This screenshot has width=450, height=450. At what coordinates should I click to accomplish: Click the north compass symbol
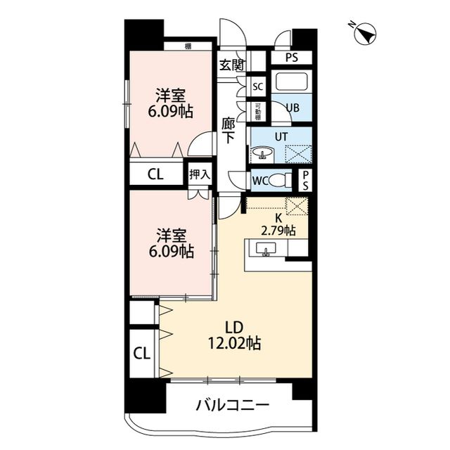point(364,33)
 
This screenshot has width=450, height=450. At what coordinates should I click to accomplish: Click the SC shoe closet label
point(258,87)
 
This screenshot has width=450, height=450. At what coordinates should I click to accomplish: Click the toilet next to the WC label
point(281,180)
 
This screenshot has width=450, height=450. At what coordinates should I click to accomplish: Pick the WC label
point(259,180)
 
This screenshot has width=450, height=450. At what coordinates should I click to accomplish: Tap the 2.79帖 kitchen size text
point(278,230)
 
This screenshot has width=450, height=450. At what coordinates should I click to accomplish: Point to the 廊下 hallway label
point(229,129)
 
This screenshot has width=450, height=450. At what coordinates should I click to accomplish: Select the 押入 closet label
point(200,174)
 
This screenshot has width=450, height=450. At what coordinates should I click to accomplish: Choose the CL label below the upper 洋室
point(155,174)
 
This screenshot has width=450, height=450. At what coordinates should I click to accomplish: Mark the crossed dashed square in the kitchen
point(298,207)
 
